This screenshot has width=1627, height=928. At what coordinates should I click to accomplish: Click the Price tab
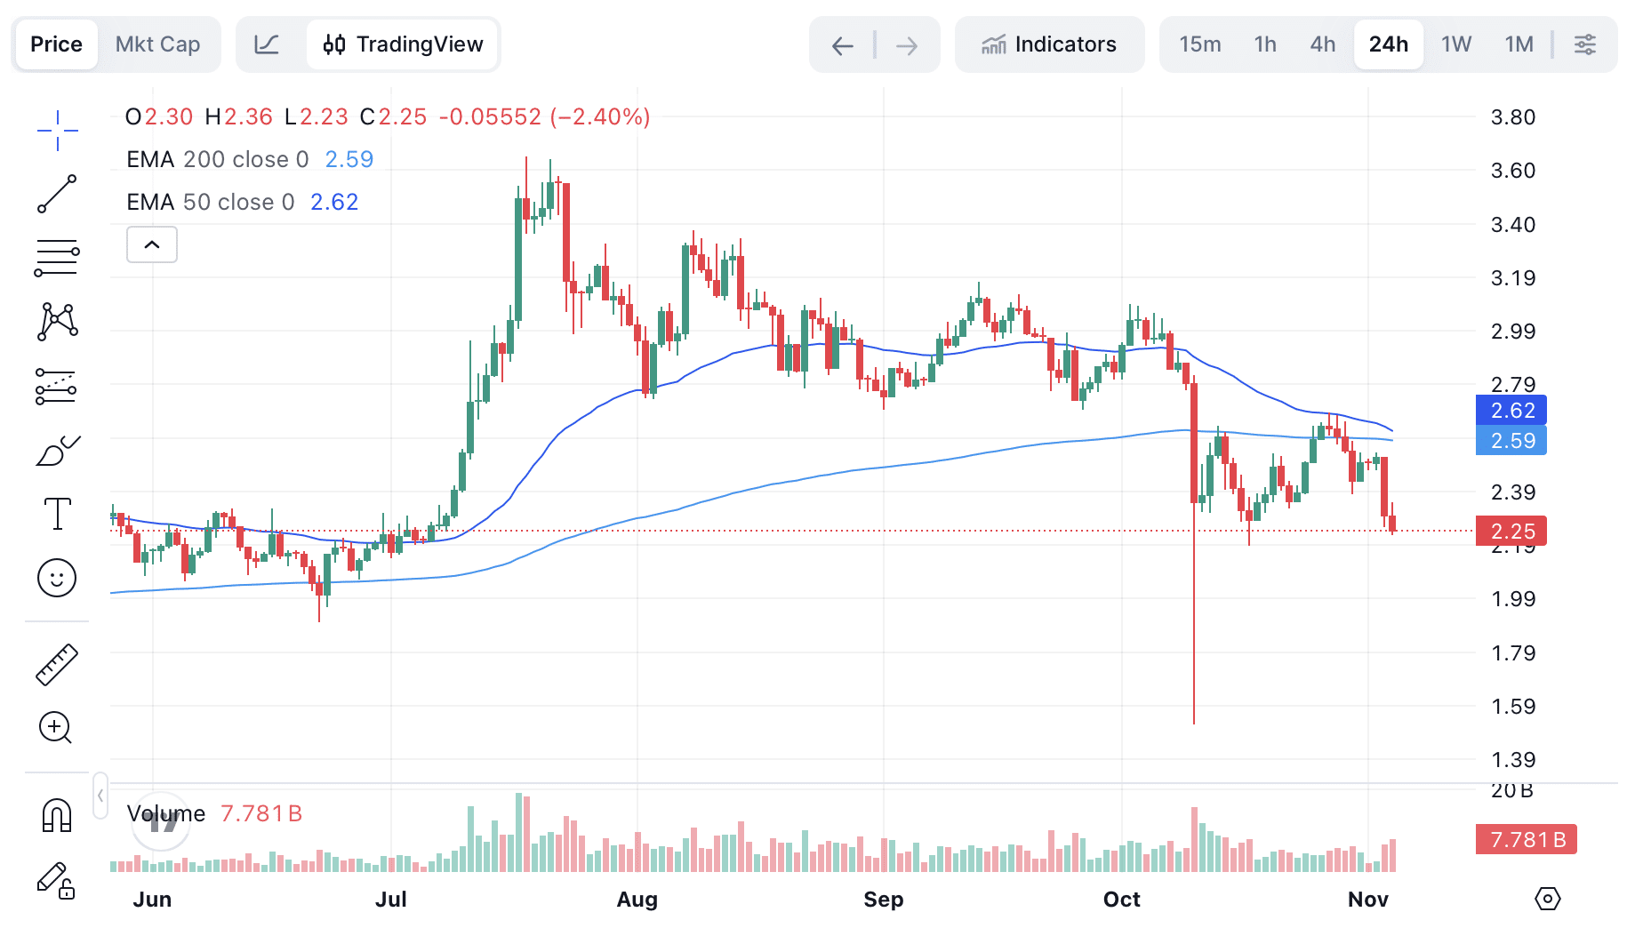pyautogui.click(x=56, y=44)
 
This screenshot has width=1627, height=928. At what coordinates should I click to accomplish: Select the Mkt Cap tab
pyautogui.click(x=157, y=44)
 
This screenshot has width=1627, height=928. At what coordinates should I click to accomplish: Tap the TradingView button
pyautogui.click(x=403, y=44)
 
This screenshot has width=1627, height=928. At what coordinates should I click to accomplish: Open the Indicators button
pyautogui.click(x=1049, y=44)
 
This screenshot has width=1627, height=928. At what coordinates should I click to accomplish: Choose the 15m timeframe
pyautogui.click(x=1199, y=44)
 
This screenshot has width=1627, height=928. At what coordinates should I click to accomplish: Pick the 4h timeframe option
pyautogui.click(x=1322, y=44)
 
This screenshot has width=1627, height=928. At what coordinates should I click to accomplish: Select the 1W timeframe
pyautogui.click(x=1455, y=44)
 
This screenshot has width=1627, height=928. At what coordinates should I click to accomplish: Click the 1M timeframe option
pyautogui.click(x=1519, y=44)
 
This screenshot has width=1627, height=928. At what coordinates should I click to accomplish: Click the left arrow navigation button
pyautogui.click(x=842, y=45)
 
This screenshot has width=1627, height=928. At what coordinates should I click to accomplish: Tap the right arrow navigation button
pyautogui.click(x=907, y=45)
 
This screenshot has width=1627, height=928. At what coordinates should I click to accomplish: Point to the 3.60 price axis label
pyautogui.click(x=1512, y=171)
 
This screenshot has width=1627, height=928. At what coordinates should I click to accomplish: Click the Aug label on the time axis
pyautogui.click(x=637, y=900)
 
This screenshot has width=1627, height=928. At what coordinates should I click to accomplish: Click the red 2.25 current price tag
pyautogui.click(x=1511, y=532)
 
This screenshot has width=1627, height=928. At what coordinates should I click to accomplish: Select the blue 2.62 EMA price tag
pyautogui.click(x=1511, y=410)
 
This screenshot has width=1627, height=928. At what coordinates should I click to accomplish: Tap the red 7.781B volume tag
pyautogui.click(x=1526, y=839)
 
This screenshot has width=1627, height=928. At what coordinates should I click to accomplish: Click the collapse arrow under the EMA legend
pyautogui.click(x=152, y=244)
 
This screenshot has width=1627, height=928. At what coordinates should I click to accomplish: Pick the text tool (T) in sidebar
pyautogui.click(x=57, y=514)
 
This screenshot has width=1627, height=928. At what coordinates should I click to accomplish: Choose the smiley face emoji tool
pyautogui.click(x=57, y=578)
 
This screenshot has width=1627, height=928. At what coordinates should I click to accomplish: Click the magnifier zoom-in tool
pyautogui.click(x=55, y=728)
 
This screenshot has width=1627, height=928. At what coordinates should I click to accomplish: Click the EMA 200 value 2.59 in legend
pyautogui.click(x=349, y=159)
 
